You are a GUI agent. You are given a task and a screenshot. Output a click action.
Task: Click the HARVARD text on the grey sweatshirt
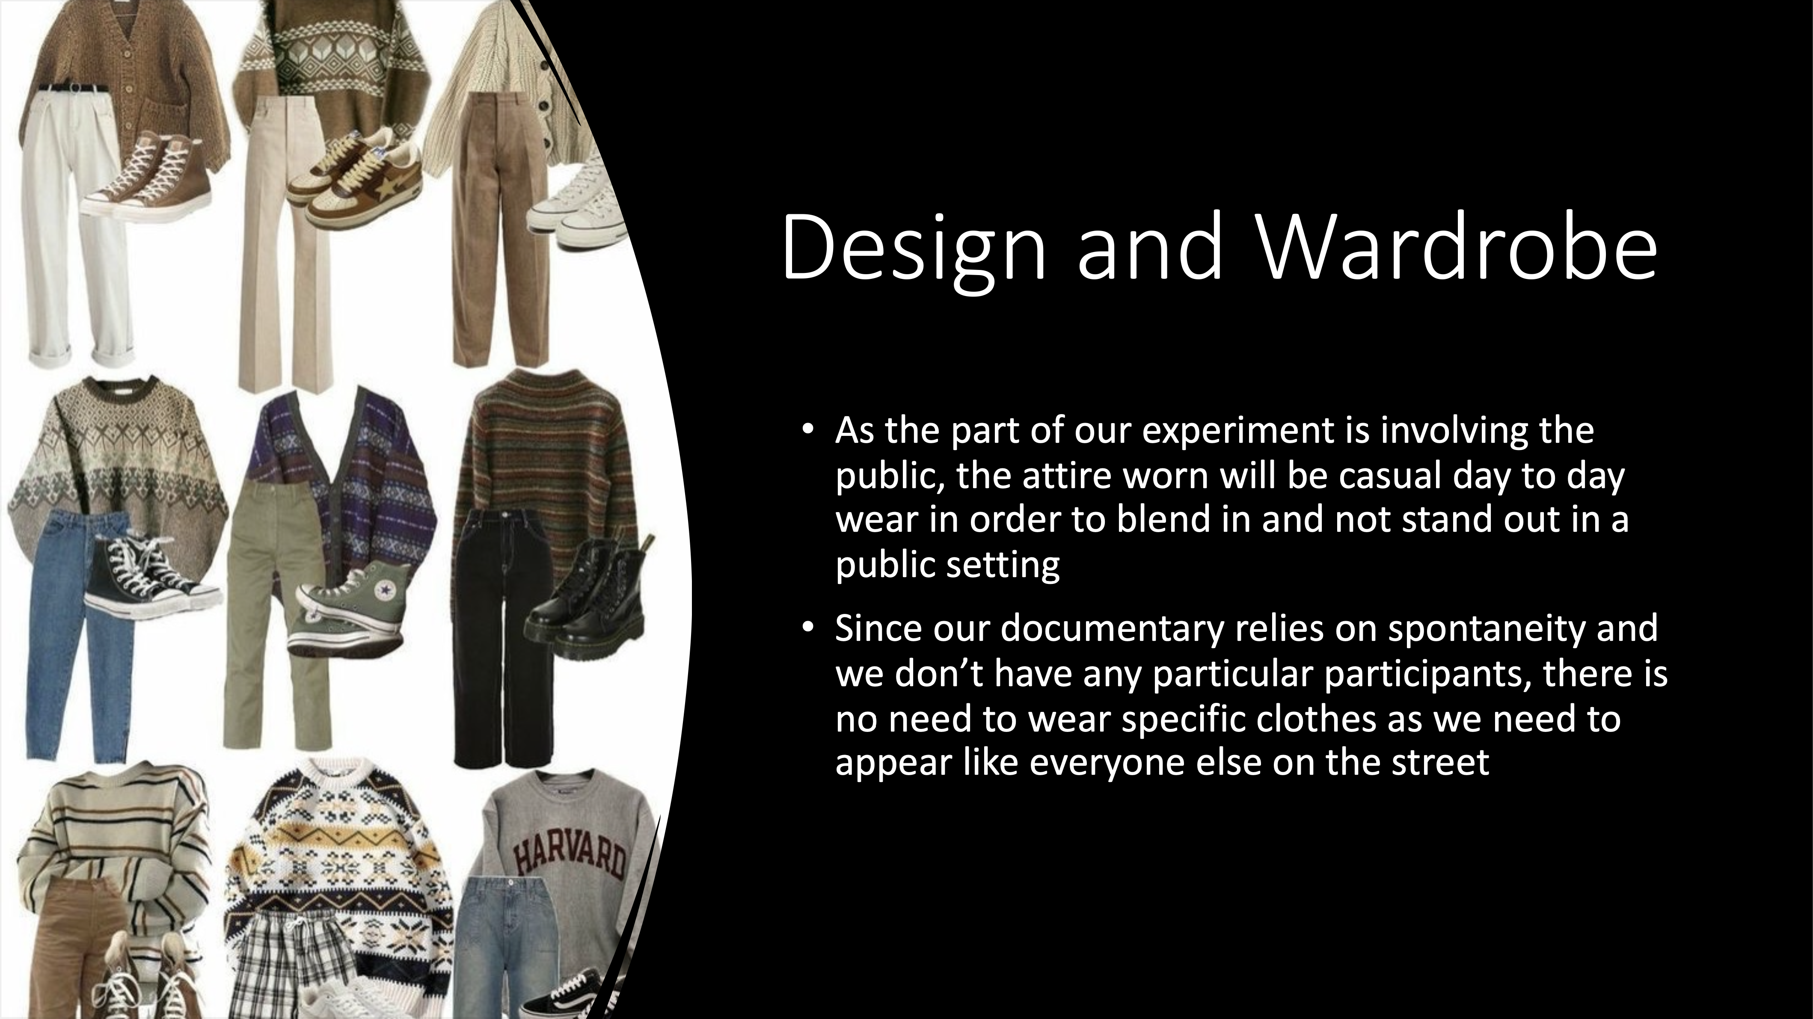click(569, 857)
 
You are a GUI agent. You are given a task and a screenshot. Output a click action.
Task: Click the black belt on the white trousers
click(72, 88)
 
